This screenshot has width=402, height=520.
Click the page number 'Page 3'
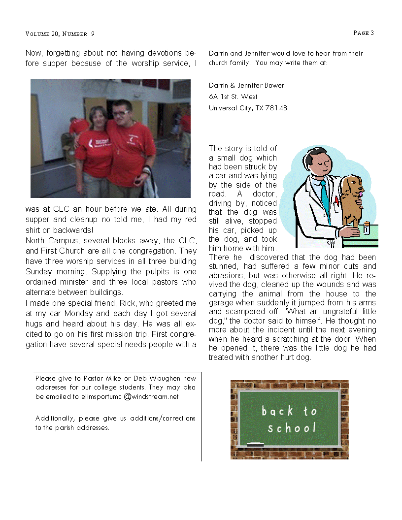tap(364, 33)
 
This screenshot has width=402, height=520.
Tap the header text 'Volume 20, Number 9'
tap(60, 34)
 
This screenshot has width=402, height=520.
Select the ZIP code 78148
tap(277, 108)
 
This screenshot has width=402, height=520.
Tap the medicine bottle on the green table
tap(366, 228)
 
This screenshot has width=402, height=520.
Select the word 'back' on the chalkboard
tap(277, 411)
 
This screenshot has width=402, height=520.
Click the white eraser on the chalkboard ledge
tap(255, 444)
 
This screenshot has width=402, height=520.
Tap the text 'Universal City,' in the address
tap(231, 108)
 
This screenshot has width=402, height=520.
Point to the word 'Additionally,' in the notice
tap(55, 419)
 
